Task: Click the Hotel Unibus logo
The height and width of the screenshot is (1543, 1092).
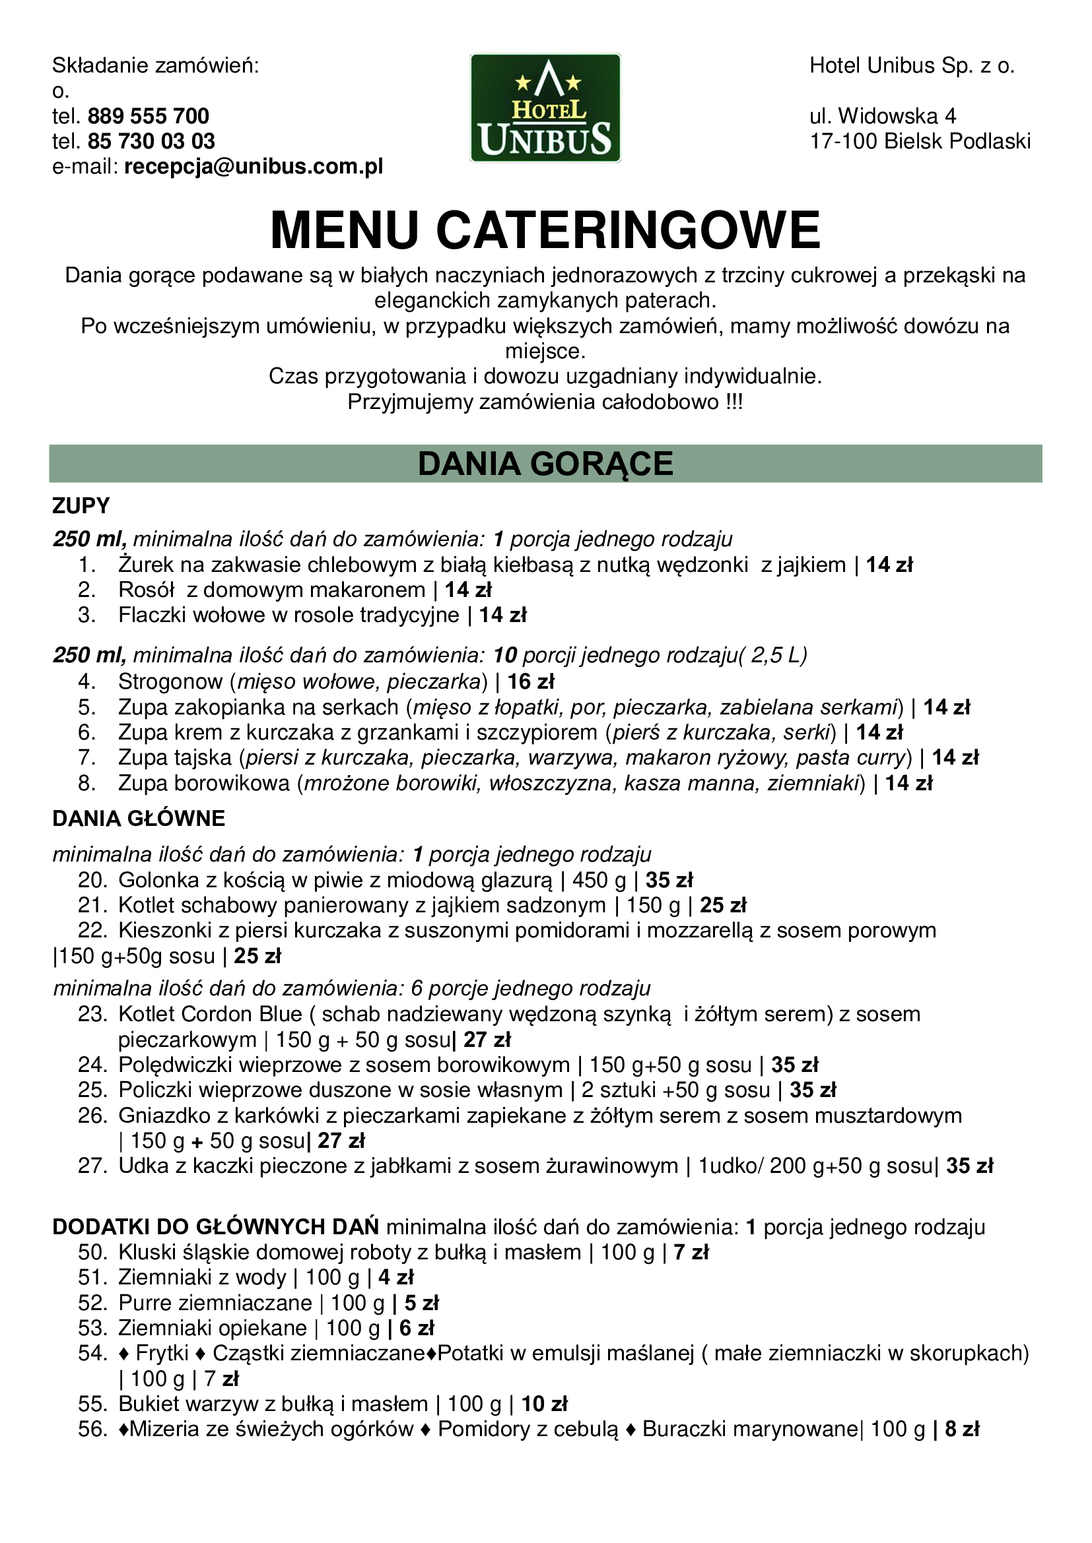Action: coord(545,108)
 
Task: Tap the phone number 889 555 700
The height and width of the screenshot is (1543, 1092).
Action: coord(148,116)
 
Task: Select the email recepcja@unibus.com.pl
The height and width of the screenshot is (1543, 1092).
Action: coord(254,167)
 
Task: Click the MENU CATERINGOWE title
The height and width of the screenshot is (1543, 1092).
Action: coord(545,230)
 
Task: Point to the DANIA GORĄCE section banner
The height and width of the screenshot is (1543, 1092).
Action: coord(545,464)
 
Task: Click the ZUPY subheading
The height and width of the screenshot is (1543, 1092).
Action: coord(81,506)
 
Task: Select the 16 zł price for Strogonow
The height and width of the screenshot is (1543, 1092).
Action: coord(531,682)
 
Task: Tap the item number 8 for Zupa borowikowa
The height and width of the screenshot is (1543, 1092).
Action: coord(86,784)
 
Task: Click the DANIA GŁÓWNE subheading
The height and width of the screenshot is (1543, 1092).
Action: coord(139,819)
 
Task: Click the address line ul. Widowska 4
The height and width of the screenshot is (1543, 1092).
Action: coord(883,116)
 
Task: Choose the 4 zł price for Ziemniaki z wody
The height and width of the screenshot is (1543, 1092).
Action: coord(396,1278)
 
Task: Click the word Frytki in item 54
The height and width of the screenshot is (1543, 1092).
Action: coord(162,1354)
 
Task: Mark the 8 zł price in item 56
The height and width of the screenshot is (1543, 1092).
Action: coord(961,1430)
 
